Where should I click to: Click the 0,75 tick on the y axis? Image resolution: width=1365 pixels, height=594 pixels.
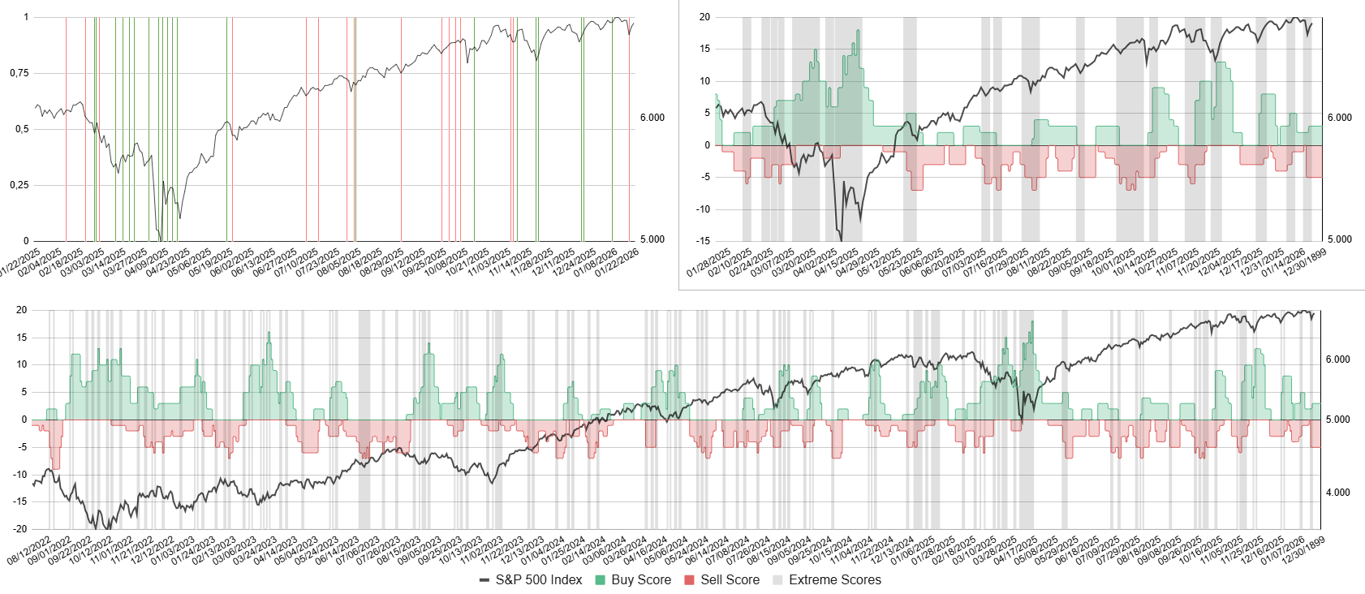point(19,73)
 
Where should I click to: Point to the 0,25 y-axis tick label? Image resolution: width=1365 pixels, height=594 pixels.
point(19,185)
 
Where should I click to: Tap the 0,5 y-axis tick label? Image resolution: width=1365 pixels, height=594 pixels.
point(21,129)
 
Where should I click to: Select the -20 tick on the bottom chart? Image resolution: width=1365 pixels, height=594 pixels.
point(21,529)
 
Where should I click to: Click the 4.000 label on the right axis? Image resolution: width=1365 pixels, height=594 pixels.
point(1338,493)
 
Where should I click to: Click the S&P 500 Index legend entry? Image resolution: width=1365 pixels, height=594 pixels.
point(532,579)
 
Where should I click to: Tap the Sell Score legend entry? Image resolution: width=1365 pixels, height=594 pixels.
point(721,579)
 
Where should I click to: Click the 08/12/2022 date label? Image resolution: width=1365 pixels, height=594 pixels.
point(29,549)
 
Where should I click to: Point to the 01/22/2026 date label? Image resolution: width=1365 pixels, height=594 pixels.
point(618,262)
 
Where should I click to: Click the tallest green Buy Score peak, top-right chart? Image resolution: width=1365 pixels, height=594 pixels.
point(858,32)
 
